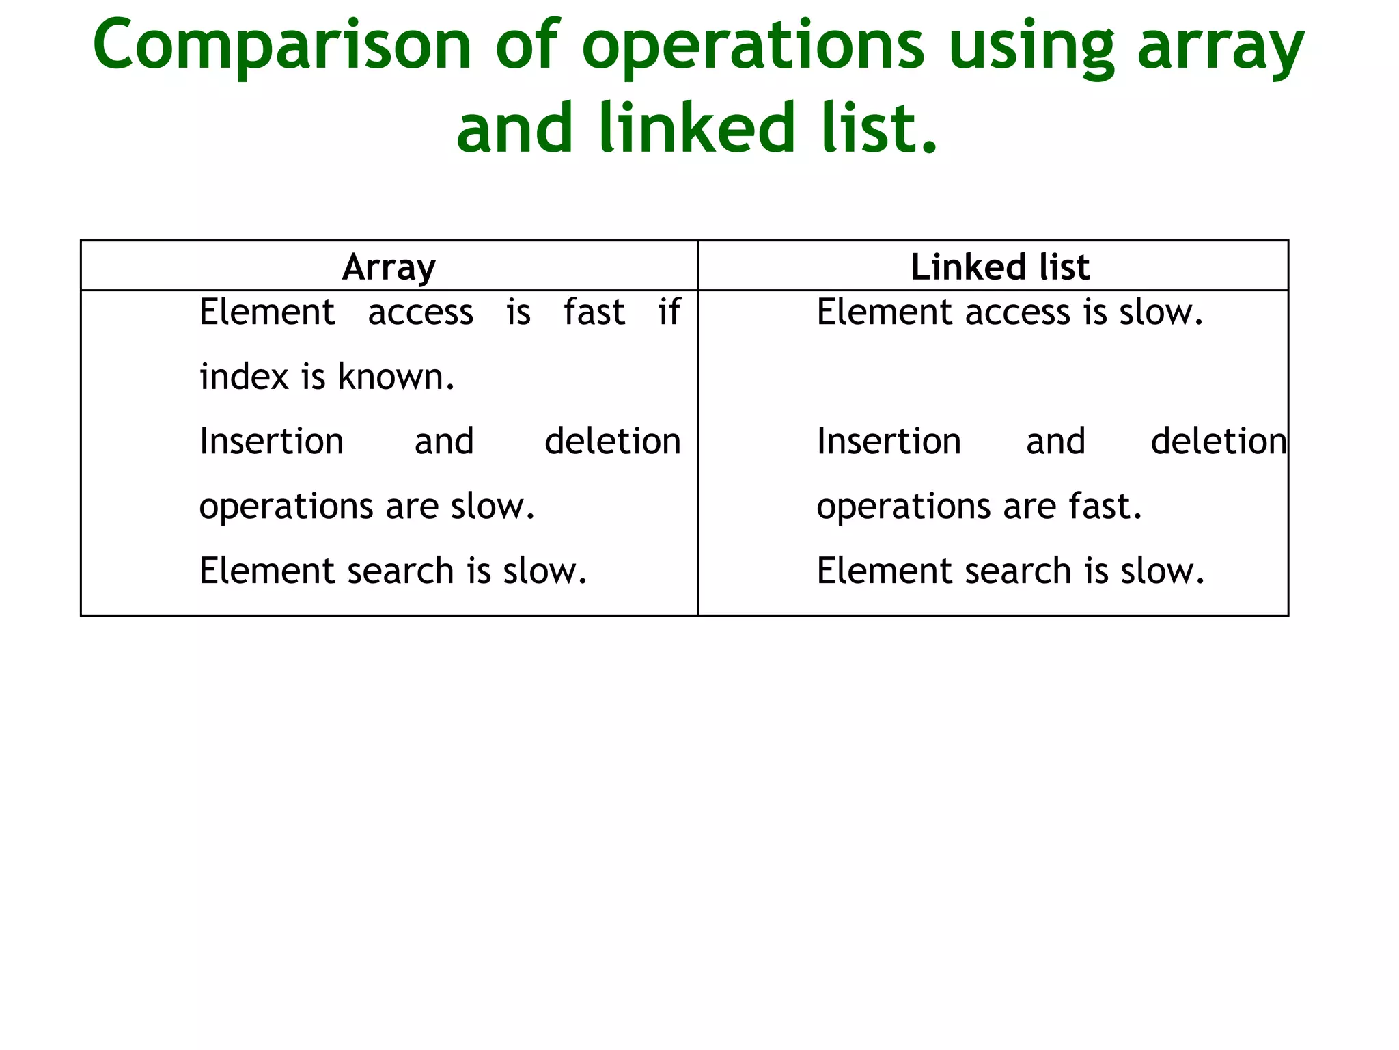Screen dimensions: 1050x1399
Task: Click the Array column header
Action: [389, 267]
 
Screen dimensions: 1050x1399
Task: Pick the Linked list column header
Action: [999, 267]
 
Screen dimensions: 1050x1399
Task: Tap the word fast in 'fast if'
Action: [594, 312]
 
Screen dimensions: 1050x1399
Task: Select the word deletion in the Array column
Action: [613, 442]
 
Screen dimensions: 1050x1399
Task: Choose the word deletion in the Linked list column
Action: [1219, 442]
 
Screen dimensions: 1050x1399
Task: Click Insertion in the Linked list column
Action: [889, 442]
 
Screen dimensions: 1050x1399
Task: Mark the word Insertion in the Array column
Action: [271, 442]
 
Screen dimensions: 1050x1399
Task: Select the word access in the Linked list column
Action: [1018, 312]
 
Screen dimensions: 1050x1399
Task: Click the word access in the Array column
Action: [420, 312]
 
